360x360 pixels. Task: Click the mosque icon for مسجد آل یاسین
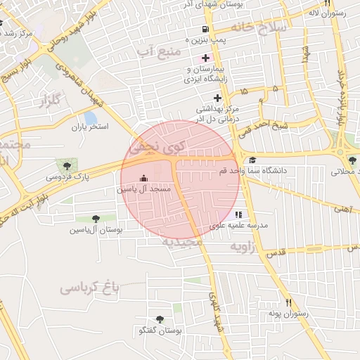pos(145,179)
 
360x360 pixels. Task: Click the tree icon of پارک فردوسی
pos(67,165)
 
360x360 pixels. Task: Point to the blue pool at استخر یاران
pos(90,117)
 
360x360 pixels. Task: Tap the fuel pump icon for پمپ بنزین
pos(205,30)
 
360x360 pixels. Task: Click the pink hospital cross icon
pos(205,57)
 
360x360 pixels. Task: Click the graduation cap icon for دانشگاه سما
pos(252,160)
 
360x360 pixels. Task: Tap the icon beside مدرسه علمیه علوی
pos(238,214)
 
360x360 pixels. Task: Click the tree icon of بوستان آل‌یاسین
pos(96,219)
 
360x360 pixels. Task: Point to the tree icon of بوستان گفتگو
pos(160,320)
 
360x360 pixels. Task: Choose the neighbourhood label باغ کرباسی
pos(91,287)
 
